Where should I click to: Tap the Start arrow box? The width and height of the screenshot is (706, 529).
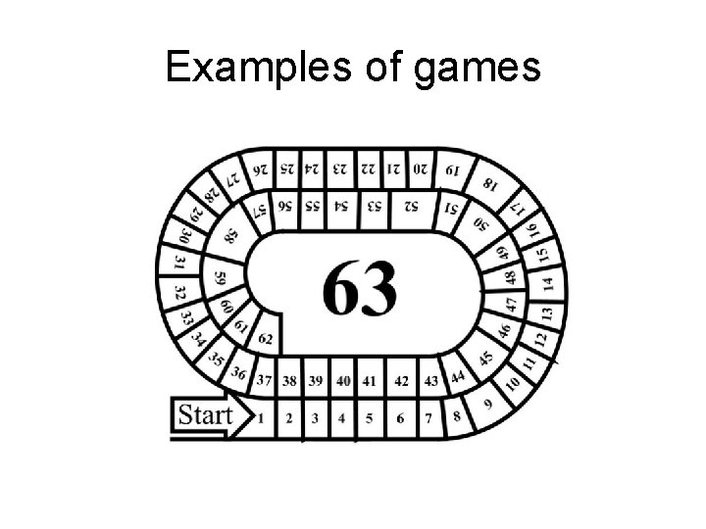coord(206,415)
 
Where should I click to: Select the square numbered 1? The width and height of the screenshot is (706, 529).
coord(261,418)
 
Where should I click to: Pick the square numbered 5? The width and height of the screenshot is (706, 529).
coord(369,418)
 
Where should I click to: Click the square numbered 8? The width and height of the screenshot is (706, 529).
coord(457,416)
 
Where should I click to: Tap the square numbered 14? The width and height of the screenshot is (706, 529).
coord(547,284)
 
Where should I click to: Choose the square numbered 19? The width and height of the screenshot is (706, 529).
coord(451,170)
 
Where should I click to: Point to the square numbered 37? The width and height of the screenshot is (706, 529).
coord(263,380)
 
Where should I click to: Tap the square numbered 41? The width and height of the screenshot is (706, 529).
coord(369,380)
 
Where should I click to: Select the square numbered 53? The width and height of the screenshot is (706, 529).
coord(375,206)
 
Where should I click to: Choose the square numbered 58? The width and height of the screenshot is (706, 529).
coord(231,235)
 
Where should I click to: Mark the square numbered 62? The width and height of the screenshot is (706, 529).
coord(265,339)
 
